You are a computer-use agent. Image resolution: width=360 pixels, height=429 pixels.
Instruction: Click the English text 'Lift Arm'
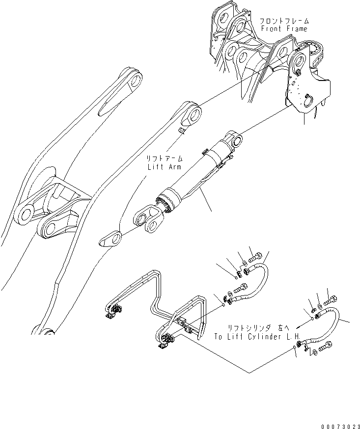[165, 166]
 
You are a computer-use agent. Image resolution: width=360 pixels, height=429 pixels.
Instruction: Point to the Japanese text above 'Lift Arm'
[165, 159]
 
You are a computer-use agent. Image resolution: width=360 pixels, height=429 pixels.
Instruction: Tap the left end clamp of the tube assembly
[116, 310]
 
